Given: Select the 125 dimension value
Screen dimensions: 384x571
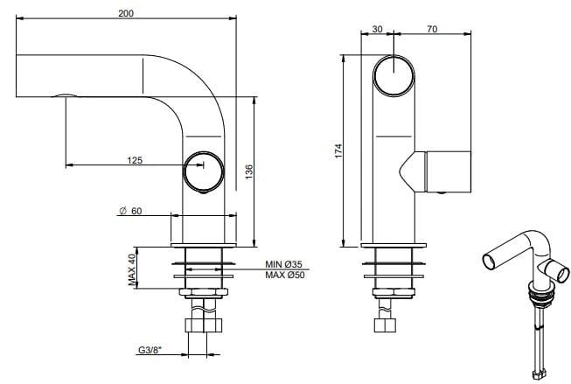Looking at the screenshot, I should pos(134,161).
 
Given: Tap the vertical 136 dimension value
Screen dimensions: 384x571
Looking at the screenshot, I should pos(249,171).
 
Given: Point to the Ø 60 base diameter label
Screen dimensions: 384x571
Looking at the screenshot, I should pos(132,211).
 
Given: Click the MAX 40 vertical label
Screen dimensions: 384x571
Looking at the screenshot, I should pos(133,269).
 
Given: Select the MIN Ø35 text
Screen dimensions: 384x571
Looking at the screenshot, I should pos(283,264).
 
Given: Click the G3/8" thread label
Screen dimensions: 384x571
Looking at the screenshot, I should pos(151,352).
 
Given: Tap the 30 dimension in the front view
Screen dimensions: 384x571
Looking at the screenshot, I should pos(378,29).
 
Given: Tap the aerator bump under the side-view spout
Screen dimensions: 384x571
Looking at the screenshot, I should pos(63,94).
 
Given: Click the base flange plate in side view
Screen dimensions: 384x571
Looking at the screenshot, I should pos(204,245).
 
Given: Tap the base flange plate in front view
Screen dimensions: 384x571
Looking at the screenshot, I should pos(394,245).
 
